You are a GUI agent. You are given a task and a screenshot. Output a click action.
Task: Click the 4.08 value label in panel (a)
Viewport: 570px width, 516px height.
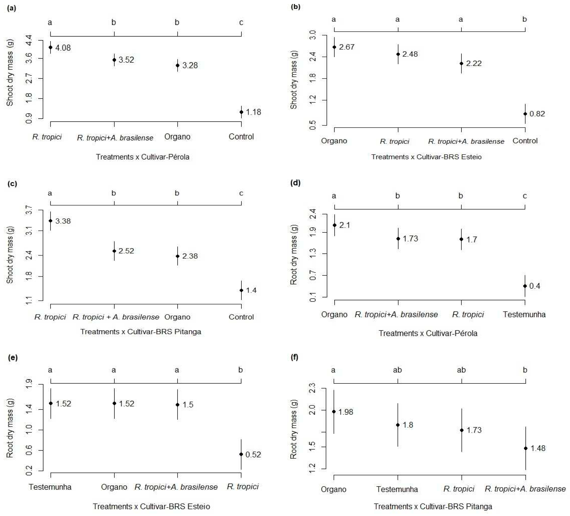pyautogui.click(x=63, y=48)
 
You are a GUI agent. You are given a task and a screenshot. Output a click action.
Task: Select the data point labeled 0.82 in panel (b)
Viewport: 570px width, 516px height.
pyautogui.click(x=525, y=114)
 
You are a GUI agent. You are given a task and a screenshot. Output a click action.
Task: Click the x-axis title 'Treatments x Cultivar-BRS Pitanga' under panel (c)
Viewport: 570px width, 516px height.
pyautogui.click(x=141, y=332)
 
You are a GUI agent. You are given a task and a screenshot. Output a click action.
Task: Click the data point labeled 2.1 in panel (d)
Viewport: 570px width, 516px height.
pyautogui.click(x=334, y=225)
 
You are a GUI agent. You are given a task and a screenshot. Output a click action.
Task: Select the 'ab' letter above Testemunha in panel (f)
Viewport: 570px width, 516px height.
pyautogui.click(x=397, y=370)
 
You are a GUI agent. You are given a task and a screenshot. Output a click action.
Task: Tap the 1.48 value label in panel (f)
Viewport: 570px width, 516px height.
pyautogui.click(x=538, y=448)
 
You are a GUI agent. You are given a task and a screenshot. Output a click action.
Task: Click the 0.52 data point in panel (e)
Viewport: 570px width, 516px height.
pyautogui.click(x=241, y=454)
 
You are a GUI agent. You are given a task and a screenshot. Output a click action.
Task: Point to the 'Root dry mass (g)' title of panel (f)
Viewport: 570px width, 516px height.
pyautogui.click(x=294, y=429)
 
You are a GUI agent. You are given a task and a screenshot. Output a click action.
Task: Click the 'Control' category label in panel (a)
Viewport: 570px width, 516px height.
pyautogui.click(x=241, y=137)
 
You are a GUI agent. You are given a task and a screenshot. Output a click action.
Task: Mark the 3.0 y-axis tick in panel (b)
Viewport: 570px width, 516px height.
pyautogui.click(x=313, y=35)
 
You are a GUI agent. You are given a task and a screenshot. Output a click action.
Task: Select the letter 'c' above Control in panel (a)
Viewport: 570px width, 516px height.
pyautogui.click(x=241, y=23)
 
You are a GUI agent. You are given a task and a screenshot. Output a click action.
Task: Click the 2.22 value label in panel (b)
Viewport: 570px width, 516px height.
pyautogui.click(x=474, y=63)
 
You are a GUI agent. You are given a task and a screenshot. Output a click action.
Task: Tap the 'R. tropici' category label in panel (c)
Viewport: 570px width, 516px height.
pyautogui.click(x=50, y=317)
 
